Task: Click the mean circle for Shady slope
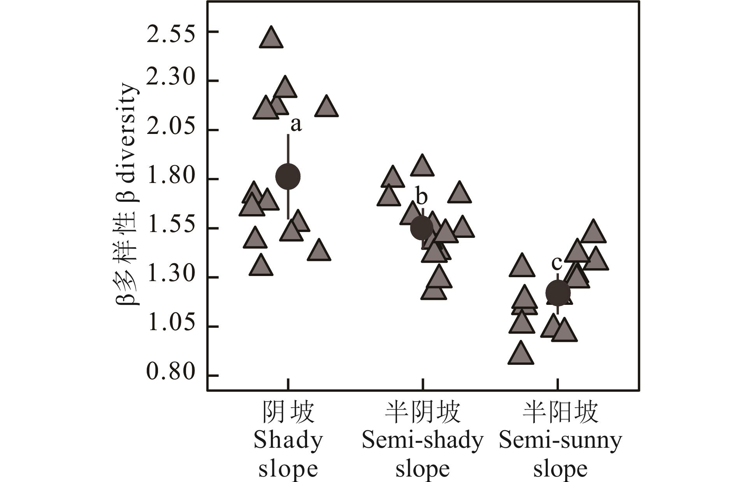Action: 288,176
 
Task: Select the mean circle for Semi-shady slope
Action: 422,228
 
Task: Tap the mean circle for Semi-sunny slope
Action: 558,292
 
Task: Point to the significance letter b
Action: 422,197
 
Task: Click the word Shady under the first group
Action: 288,441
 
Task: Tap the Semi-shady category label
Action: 422,441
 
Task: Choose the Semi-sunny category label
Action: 560,441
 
